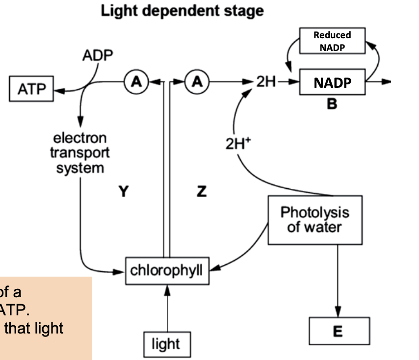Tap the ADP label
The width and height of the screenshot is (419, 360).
pos(97,56)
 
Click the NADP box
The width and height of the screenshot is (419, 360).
pos(333,82)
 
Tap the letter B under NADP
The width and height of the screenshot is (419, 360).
pos(333,104)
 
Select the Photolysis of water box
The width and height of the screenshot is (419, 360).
pos(314,220)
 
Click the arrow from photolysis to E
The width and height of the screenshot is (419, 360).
pos(338,280)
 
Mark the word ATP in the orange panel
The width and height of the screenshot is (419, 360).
pos(11,309)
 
